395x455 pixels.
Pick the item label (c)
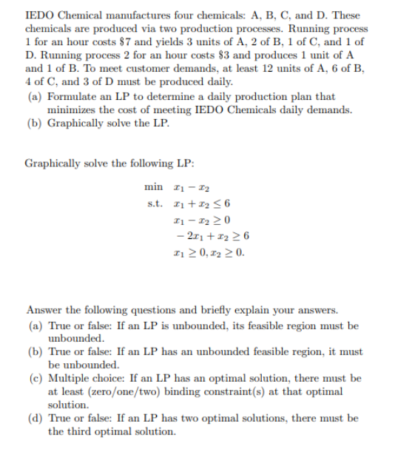click(35, 378)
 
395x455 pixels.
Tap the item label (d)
click(35, 418)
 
